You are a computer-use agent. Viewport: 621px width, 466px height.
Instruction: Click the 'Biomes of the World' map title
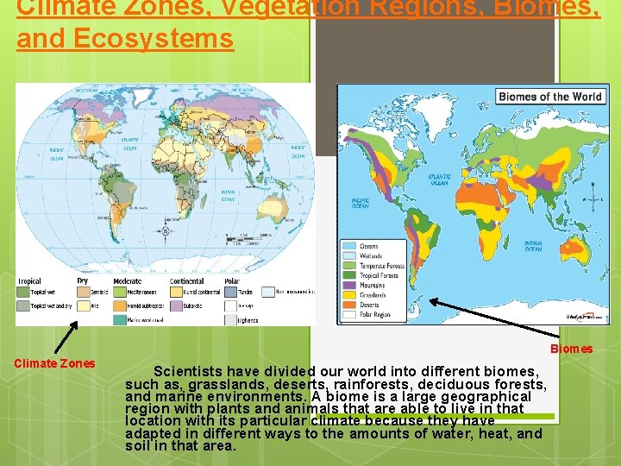point(549,97)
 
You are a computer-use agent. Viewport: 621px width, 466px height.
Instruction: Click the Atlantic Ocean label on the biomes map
point(439,180)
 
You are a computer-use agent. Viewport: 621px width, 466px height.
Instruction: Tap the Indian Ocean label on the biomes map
point(534,246)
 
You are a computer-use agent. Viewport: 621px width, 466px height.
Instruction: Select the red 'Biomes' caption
point(572,349)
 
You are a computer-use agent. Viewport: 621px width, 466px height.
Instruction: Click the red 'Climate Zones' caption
point(54,363)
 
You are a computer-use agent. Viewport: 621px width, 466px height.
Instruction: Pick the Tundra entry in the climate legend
point(245,293)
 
